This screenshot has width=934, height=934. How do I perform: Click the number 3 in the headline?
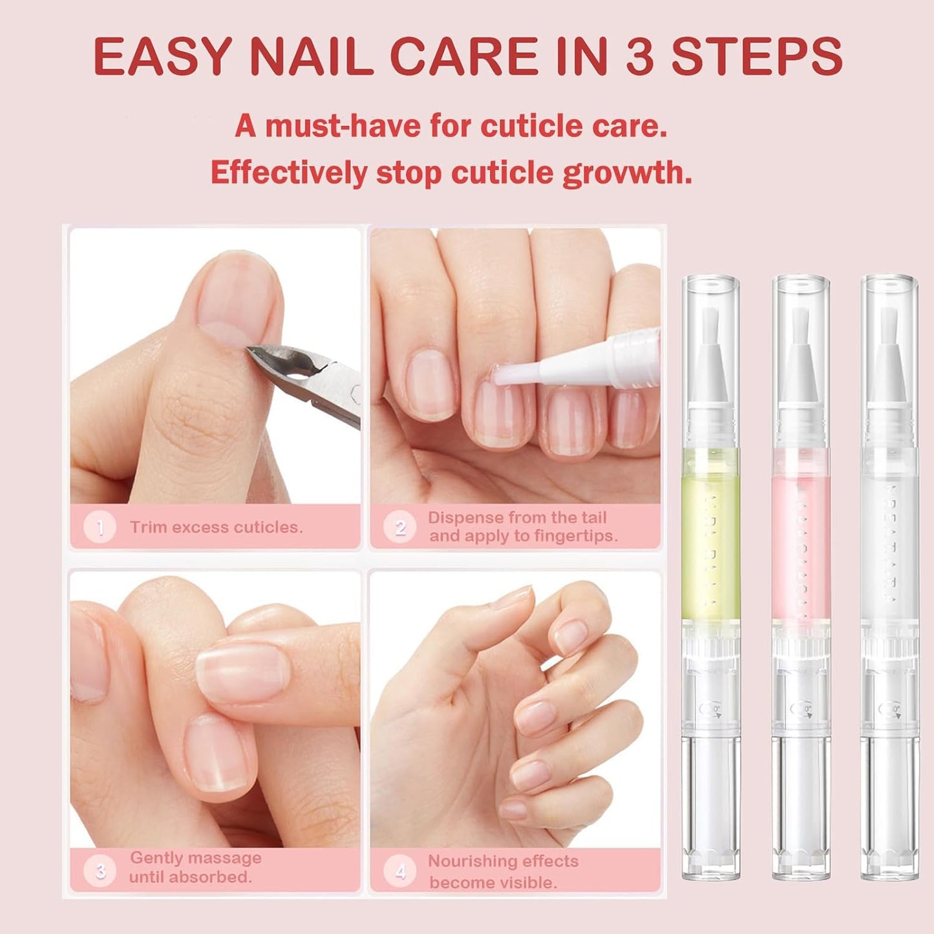[x=640, y=56]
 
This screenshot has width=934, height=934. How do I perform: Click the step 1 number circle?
[x=100, y=527]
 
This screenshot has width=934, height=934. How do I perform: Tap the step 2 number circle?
[x=399, y=527]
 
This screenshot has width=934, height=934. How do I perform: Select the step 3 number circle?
[x=100, y=871]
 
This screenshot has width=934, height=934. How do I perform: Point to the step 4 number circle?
[x=399, y=871]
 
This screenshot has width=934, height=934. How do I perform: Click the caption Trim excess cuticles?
[x=216, y=527]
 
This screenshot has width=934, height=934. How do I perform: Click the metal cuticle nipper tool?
[x=310, y=381]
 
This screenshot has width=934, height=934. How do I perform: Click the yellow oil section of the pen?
[x=711, y=536]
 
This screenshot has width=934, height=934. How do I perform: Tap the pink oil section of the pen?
[x=801, y=536]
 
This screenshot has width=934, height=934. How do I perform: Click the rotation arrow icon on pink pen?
[x=800, y=710]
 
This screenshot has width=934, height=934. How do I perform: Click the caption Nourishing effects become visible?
[x=503, y=871]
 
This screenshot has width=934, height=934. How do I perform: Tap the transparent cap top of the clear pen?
[x=889, y=284]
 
